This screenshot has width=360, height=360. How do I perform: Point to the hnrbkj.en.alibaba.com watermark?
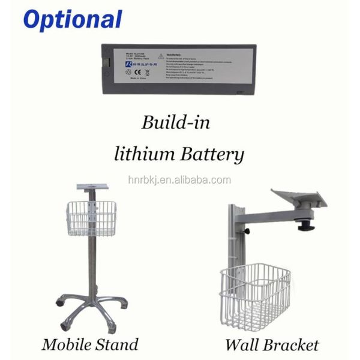[x=179, y=180]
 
